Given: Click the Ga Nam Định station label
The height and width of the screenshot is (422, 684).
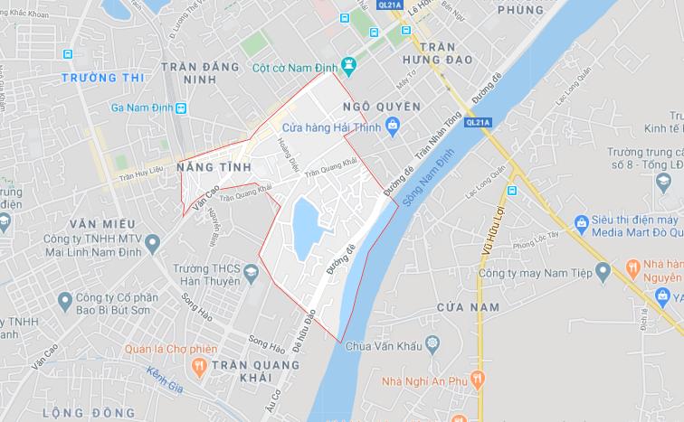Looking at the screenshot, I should point(142,108).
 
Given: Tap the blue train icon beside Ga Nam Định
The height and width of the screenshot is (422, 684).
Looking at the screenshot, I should point(182,108).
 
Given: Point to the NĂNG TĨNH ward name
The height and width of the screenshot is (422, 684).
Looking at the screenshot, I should point(215,168).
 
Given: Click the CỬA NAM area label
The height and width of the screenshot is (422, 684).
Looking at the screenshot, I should point(469,308).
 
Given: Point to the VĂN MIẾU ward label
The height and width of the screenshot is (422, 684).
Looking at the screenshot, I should point(101,222).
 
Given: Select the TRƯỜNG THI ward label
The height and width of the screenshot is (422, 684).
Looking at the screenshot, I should point(102,78).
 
